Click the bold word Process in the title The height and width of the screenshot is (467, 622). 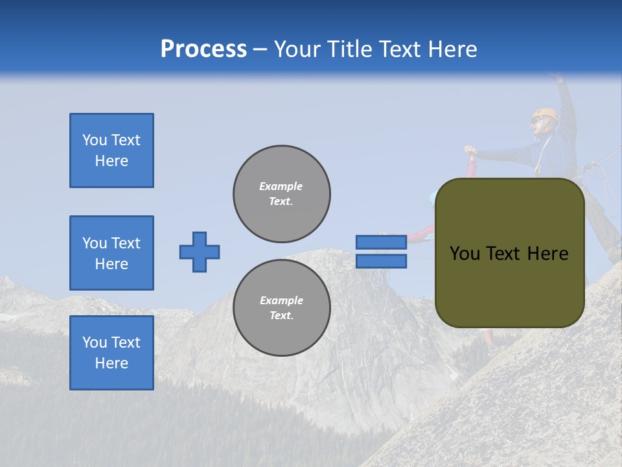click(203, 49)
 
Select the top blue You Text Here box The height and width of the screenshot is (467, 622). click(111, 150)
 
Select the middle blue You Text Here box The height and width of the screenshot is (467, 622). click(111, 253)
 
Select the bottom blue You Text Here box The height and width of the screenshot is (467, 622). click(111, 353)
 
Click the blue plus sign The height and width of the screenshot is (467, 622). click(200, 252)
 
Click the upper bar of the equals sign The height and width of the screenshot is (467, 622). click(381, 242)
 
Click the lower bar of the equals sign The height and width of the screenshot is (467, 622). click(381, 261)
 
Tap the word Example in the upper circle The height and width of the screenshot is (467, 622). click(281, 186)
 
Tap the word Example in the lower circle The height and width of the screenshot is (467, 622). click(281, 300)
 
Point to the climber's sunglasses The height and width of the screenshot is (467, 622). click(535, 121)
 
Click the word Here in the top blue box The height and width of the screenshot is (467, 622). click(111, 161)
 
